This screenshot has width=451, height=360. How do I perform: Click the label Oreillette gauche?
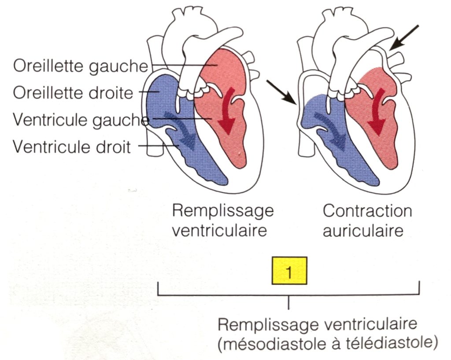[x=80, y=66]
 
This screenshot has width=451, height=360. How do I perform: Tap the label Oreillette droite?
[x=73, y=93]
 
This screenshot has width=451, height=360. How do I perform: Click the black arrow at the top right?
[x=406, y=37]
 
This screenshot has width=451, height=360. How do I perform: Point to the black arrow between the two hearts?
[x=281, y=93]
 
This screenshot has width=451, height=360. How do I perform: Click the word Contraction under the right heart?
[x=367, y=211]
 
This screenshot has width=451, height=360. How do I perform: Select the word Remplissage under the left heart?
[x=222, y=211]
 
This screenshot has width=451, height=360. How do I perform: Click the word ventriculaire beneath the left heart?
[x=219, y=230]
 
